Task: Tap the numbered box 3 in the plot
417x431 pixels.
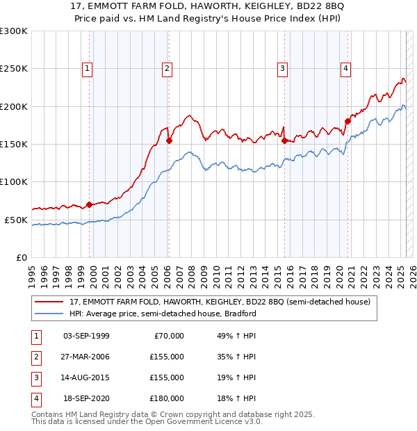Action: point(283,68)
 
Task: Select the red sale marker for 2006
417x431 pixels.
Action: point(169,140)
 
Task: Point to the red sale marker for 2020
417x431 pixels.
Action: point(347,122)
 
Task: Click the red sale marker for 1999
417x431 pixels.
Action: point(89,204)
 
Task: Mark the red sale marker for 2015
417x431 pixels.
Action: point(284,140)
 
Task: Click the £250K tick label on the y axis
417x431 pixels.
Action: point(14,69)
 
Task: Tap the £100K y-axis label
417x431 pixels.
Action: point(14,181)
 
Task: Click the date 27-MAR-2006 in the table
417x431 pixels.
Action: point(86,357)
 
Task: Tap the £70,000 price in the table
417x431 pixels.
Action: point(169,336)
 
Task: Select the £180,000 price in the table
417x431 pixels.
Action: point(167,398)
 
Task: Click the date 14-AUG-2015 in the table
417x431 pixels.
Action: point(86,377)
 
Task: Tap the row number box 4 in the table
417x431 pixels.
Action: point(35,398)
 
